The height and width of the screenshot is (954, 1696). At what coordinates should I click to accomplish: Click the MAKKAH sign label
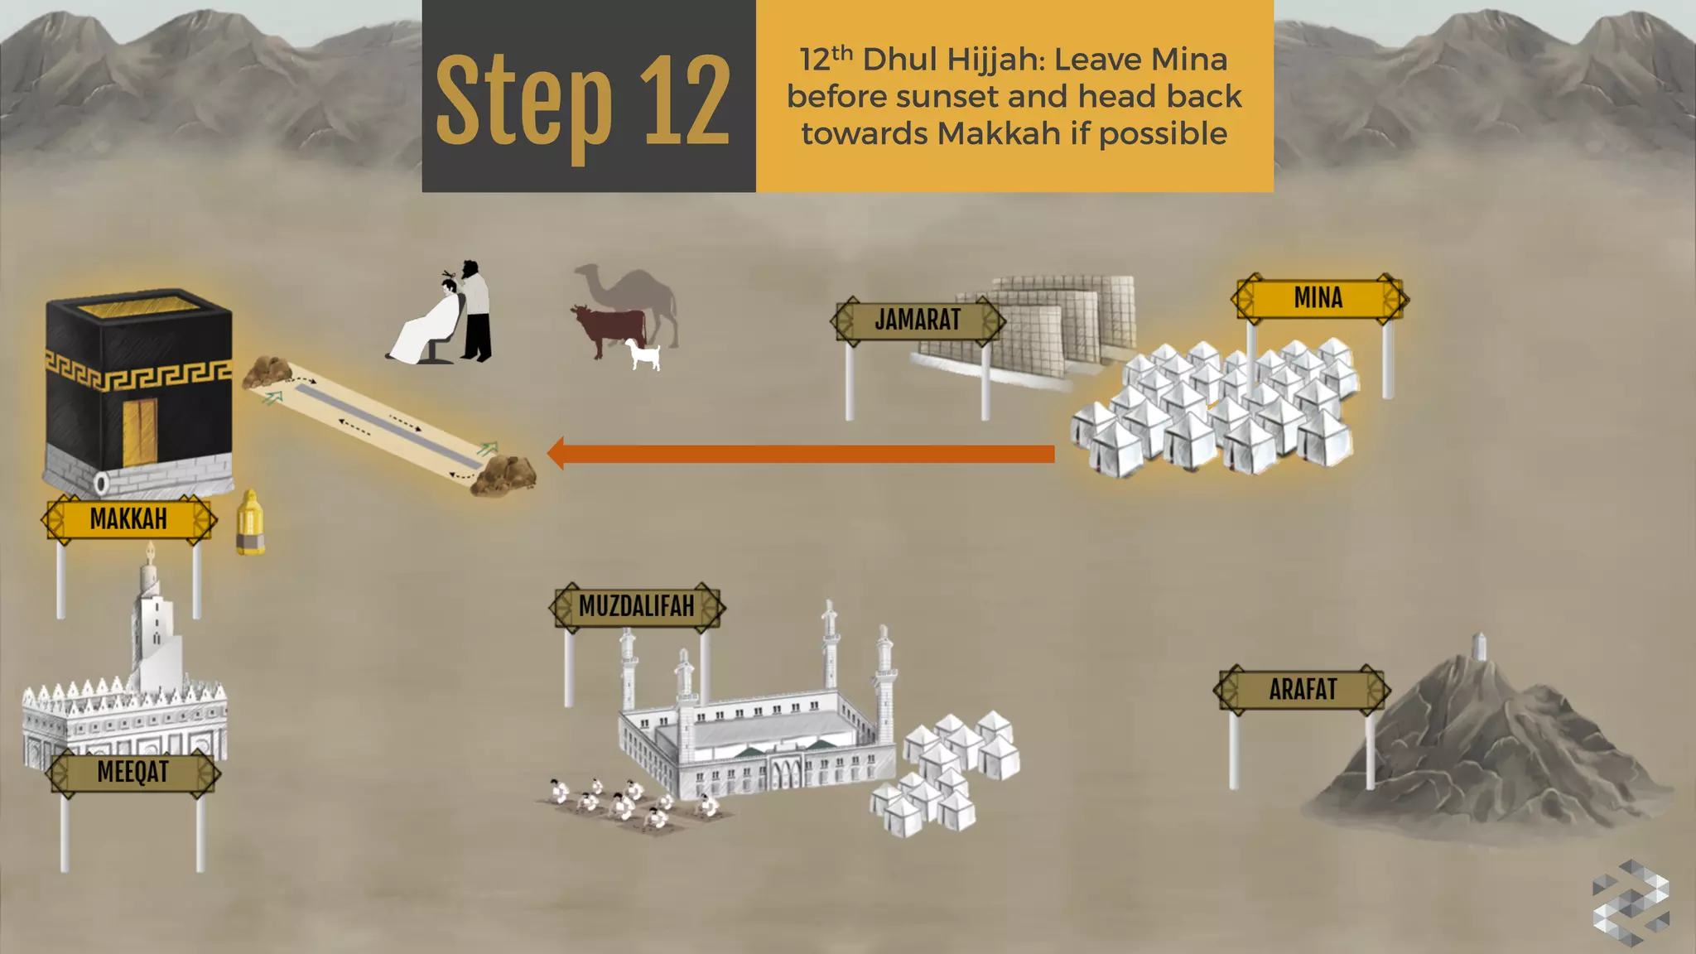tap(128, 519)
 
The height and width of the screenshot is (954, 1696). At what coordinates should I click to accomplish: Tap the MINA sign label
tap(1318, 298)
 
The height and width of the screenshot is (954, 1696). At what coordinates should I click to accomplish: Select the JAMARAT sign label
tap(918, 320)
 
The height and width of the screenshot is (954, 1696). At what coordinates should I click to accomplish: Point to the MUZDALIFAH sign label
tap(636, 606)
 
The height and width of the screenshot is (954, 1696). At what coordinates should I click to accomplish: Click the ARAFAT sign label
tap(1302, 689)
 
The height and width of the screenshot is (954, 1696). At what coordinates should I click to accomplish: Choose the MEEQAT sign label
tap(132, 772)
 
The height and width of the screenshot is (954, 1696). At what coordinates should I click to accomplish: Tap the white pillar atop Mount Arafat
tap(1480, 647)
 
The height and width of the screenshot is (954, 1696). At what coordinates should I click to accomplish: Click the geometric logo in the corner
tap(1629, 903)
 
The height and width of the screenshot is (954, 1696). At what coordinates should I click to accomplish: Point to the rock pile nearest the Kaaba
tap(265, 372)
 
